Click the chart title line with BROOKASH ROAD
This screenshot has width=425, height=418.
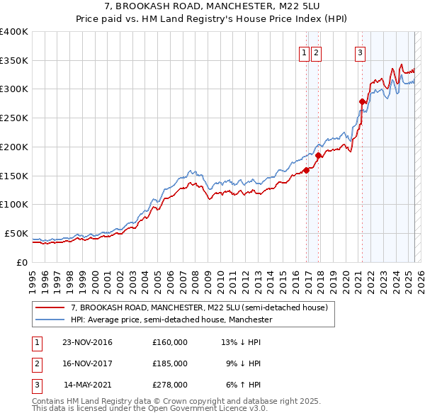(x=212, y=6)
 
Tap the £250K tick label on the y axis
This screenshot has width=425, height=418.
(x=14, y=118)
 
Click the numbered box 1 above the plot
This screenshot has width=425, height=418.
(x=305, y=52)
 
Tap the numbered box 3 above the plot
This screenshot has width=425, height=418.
(x=360, y=52)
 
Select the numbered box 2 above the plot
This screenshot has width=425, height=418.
(x=316, y=52)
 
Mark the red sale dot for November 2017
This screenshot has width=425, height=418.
(x=319, y=155)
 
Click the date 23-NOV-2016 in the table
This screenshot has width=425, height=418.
(x=87, y=342)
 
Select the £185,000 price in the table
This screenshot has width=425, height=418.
(x=170, y=363)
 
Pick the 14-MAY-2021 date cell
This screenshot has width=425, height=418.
(x=87, y=385)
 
